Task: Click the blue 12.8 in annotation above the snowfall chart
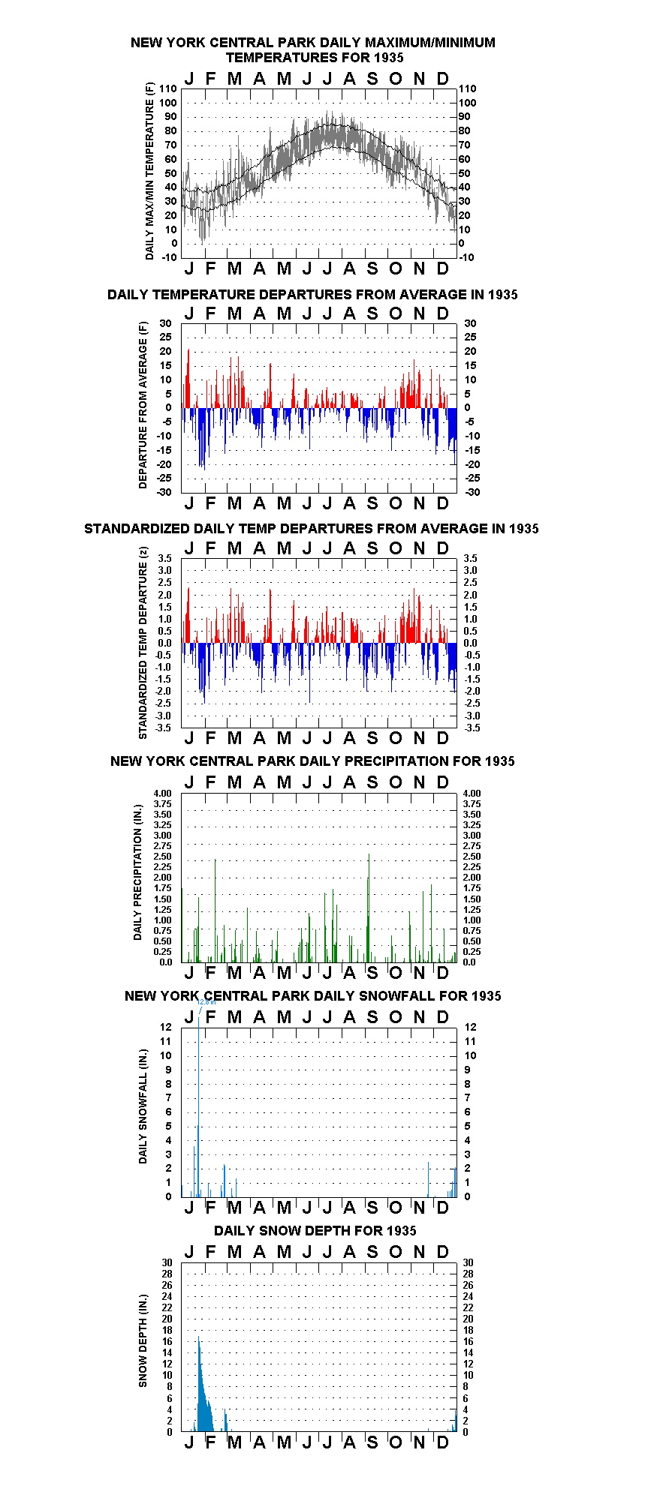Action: click(206, 1002)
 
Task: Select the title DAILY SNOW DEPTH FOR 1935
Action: click(315, 1230)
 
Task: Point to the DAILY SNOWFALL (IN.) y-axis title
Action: click(143, 1106)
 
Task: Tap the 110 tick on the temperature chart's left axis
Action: click(169, 89)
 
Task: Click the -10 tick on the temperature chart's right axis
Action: click(466, 257)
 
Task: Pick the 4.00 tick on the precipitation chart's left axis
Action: click(163, 793)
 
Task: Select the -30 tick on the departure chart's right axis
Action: click(467, 492)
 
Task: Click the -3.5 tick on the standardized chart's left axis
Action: click(164, 728)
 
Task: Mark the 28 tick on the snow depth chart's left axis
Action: click(167, 1274)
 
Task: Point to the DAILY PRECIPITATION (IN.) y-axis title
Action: click(138, 872)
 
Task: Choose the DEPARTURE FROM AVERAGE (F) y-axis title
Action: click(143, 405)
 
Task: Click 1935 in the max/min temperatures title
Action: click(389, 58)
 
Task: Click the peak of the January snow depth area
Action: click(199, 1336)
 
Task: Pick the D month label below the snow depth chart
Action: click(443, 1441)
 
